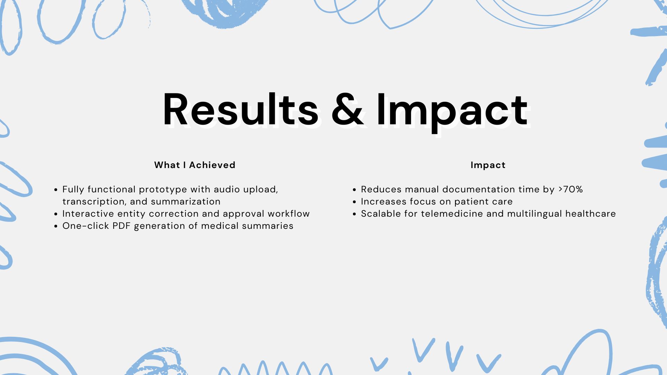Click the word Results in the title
click(240, 109)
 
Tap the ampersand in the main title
click(347, 109)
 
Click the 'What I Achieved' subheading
click(195, 165)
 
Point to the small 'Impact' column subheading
click(488, 165)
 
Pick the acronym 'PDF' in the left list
click(121, 226)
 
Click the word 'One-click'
click(86, 226)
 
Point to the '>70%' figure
click(571, 189)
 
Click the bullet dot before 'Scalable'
click(354, 214)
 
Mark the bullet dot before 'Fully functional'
click(56, 190)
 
